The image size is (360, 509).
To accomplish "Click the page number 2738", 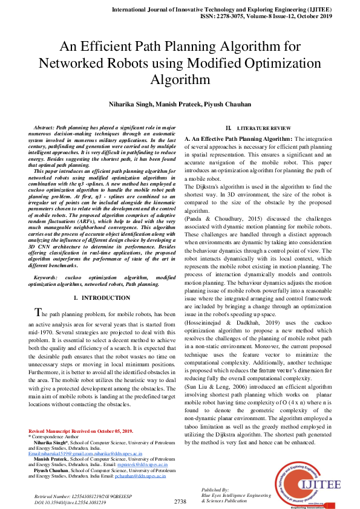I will point(180,501).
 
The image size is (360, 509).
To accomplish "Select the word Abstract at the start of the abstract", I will point(44,129).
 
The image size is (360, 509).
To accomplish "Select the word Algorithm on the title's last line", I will point(180,79).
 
